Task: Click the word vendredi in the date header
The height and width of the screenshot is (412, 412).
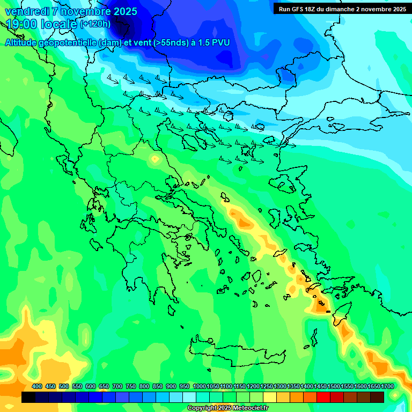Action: point(26,11)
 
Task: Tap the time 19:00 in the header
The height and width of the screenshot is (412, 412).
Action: point(21,24)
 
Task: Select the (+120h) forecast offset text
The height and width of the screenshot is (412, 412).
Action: point(95,24)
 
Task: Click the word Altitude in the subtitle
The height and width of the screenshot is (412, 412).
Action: point(24,43)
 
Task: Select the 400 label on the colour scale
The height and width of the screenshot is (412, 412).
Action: point(37,387)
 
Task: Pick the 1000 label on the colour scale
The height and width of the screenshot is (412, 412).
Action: point(199,387)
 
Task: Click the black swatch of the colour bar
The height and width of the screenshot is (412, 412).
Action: point(28,397)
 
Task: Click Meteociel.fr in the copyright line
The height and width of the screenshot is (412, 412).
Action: point(247,408)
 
